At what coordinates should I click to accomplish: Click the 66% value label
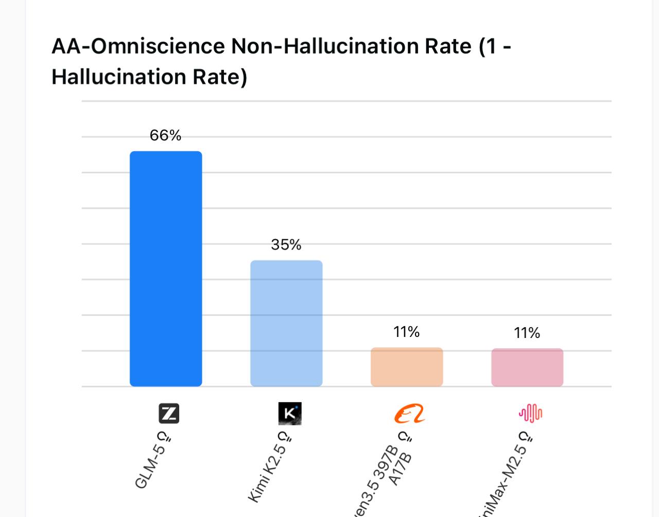pyautogui.click(x=165, y=135)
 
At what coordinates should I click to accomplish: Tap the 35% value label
pyautogui.click(x=286, y=244)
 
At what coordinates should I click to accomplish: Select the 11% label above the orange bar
pyautogui.click(x=407, y=332)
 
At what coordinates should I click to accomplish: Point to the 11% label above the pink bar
pyautogui.click(x=527, y=333)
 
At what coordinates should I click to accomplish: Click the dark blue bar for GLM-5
pyautogui.click(x=166, y=269)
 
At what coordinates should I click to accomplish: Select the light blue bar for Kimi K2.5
pyautogui.click(x=286, y=323)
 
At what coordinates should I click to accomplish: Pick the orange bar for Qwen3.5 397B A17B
pyautogui.click(x=407, y=367)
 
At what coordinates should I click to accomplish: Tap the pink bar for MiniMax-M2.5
pyautogui.click(x=527, y=367)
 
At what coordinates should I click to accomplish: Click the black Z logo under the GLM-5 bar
pyautogui.click(x=169, y=414)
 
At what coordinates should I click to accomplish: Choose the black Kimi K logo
pyautogui.click(x=290, y=414)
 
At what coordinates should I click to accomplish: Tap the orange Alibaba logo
pyautogui.click(x=410, y=414)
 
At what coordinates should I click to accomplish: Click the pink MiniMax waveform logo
pyautogui.click(x=530, y=413)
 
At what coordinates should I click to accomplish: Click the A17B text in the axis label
pyautogui.click(x=401, y=469)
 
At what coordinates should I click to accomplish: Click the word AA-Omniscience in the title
pyautogui.click(x=138, y=46)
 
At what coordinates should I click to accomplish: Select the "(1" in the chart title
pyautogui.click(x=488, y=46)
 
